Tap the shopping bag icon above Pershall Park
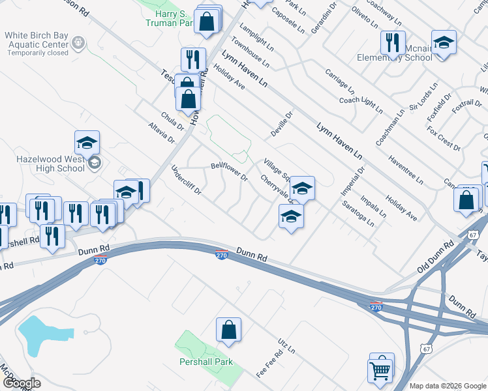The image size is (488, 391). point(228,330)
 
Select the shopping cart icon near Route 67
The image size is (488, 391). point(380,371)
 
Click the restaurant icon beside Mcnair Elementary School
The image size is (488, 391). point(392,43)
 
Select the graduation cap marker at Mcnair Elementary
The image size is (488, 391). point(444,43)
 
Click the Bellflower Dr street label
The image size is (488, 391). point(230,171)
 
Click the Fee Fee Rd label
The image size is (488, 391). point(269,364)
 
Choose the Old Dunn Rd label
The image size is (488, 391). point(435,258)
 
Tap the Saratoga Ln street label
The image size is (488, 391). point(358,213)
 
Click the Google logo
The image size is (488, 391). point(22,383)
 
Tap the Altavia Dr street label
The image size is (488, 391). point(162,132)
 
